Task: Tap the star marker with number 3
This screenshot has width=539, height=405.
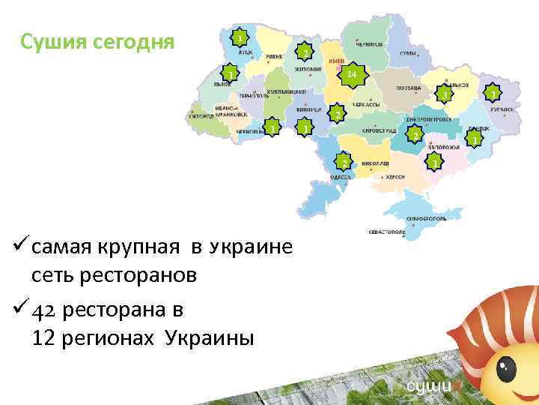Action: [x=444, y=95]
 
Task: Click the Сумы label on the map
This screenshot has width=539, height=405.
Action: [x=408, y=54]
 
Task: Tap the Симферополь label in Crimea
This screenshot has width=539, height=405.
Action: [x=427, y=217]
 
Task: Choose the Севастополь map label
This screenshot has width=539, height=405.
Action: [x=386, y=232]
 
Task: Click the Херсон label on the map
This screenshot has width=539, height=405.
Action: [x=395, y=177]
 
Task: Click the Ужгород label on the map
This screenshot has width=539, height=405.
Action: [x=201, y=117]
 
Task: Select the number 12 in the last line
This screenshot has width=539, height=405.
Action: [x=43, y=337]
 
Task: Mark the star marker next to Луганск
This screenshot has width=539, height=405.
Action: [x=492, y=92]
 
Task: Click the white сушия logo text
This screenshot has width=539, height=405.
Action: [x=430, y=387]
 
